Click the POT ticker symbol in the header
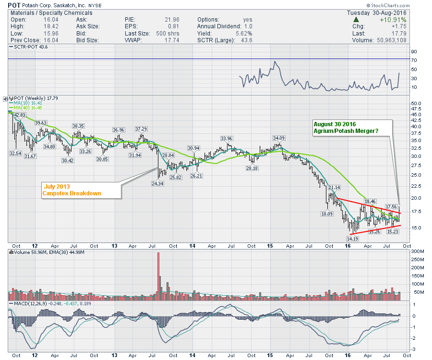(x=14, y=5)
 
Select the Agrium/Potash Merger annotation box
(x=351, y=127)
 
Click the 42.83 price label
(x=20, y=115)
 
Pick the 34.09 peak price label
(x=279, y=138)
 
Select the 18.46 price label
(x=369, y=201)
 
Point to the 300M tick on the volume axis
(x=416, y=252)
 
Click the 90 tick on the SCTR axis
(x=413, y=52)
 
